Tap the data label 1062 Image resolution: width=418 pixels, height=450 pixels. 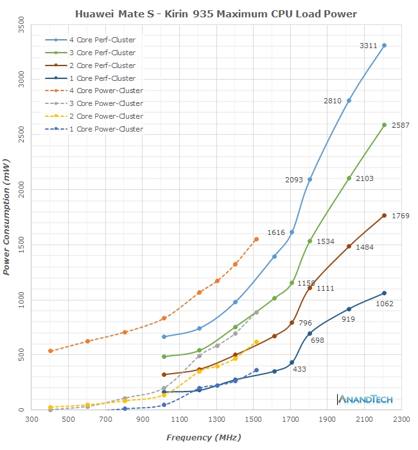[x=385, y=304]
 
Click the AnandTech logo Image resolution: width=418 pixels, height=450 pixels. [x=365, y=399]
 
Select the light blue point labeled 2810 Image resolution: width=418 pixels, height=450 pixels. [x=349, y=101]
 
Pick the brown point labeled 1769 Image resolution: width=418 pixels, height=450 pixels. [x=384, y=215]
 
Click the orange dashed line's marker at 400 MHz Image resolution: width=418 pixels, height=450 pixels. [x=50, y=350]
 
